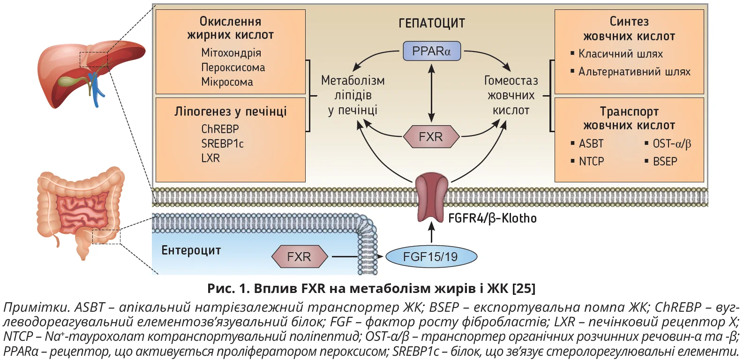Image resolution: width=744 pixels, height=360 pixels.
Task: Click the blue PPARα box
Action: pyautogui.click(x=431, y=51)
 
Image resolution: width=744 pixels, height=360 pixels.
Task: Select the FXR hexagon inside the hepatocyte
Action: pyautogui.click(x=431, y=137)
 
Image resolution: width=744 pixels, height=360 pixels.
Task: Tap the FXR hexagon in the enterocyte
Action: pyautogui.click(x=299, y=257)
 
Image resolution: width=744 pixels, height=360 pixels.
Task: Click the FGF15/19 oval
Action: pyautogui.click(x=431, y=257)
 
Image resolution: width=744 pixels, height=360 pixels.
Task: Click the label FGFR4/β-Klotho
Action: pyautogui.click(x=492, y=218)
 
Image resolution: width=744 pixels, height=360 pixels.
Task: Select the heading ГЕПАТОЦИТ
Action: pyautogui.click(x=431, y=23)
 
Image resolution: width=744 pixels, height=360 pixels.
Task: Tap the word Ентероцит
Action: pyautogui.click(x=191, y=250)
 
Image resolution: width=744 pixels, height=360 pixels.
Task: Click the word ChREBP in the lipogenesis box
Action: pyautogui.click(x=220, y=129)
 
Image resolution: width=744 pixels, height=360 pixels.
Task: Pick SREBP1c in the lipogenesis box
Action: pyautogui.click(x=222, y=143)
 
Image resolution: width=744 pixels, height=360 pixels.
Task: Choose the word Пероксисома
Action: pyautogui.click(x=233, y=67)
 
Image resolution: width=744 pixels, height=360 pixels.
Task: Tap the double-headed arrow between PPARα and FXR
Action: pyautogui.click(x=431, y=94)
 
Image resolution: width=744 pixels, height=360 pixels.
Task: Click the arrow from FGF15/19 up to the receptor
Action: pyautogui.click(x=431, y=233)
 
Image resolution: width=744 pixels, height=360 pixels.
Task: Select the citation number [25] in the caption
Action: pyautogui.click(x=524, y=288)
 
